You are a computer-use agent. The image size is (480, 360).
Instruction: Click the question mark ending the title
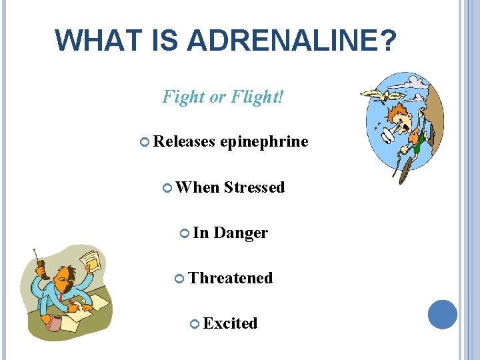(x=387, y=40)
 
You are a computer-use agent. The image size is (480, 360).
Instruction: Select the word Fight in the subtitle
(x=183, y=97)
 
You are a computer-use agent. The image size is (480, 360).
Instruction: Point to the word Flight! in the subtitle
(x=257, y=97)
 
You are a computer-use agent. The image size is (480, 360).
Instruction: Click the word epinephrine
(x=264, y=141)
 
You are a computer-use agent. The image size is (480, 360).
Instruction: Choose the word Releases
(x=184, y=141)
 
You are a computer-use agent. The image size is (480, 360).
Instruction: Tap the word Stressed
(x=254, y=187)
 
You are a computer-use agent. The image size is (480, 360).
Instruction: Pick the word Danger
(x=241, y=233)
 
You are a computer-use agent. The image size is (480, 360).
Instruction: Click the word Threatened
(x=231, y=278)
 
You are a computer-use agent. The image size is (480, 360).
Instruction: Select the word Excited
(x=230, y=323)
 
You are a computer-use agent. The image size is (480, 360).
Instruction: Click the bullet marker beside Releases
(x=146, y=142)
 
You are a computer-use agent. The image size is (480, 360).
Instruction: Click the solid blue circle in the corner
(x=442, y=315)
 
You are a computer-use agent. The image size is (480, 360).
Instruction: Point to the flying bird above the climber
(x=383, y=94)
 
